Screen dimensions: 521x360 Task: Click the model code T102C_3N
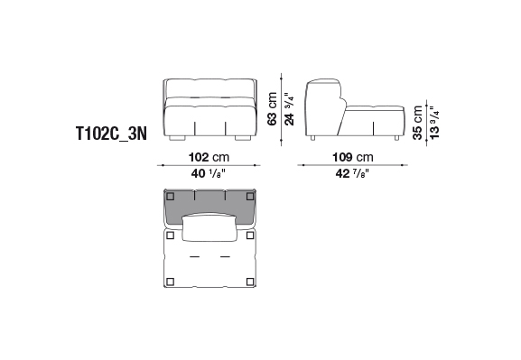pyautogui.click(x=112, y=134)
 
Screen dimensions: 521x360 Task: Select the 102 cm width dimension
pyautogui.click(x=209, y=157)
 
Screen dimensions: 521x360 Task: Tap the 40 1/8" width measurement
pyautogui.click(x=209, y=173)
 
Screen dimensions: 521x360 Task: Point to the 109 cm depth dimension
pyautogui.click(x=353, y=157)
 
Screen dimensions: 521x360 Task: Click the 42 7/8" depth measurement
pyautogui.click(x=353, y=173)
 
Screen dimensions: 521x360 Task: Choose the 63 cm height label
pyautogui.click(x=272, y=108)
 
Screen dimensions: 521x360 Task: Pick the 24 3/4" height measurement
pyautogui.click(x=289, y=109)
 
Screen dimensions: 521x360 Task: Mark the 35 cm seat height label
pyautogui.click(x=417, y=123)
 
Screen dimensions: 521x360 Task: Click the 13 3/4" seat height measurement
pyautogui.click(x=434, y=123)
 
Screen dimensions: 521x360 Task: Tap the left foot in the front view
pyautogui.click(x=177, y=138)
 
